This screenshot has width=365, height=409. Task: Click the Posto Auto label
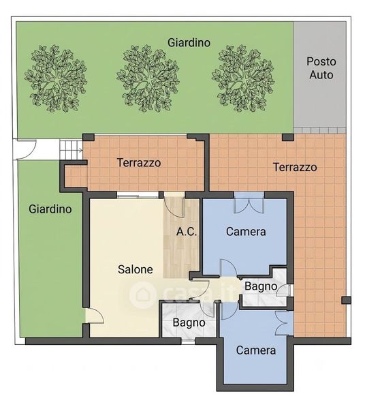[x=321, y=68]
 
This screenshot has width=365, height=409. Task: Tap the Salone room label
[x=136, y=269]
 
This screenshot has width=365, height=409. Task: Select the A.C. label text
[x=187, y=232]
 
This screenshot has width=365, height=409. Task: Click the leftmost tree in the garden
[x=56, y=78]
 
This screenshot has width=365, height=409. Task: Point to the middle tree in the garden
[x=148, y=78]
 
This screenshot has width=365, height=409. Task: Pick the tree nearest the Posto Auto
[x=243, y=78]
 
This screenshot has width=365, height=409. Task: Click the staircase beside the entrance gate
[x=71, y=150]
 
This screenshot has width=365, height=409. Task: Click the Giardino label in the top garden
[x=189, y=42]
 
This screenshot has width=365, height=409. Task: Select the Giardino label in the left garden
[x=50, y=209]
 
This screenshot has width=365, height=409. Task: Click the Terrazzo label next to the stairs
[x=139, y=162]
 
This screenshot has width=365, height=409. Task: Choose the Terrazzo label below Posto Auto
[x=295, y=167]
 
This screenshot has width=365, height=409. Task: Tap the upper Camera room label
[x=246, y=231]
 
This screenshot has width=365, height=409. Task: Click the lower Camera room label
[x=256, y=350]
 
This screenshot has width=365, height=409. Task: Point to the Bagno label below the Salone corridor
[x=189, y=322]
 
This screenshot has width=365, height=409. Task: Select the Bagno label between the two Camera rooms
[x=261, y=286]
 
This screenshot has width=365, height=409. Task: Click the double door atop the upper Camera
[x=249, y=203]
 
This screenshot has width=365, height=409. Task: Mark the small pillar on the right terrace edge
[x=346, y=300]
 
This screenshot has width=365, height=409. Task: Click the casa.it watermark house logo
[x=143, y=294]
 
